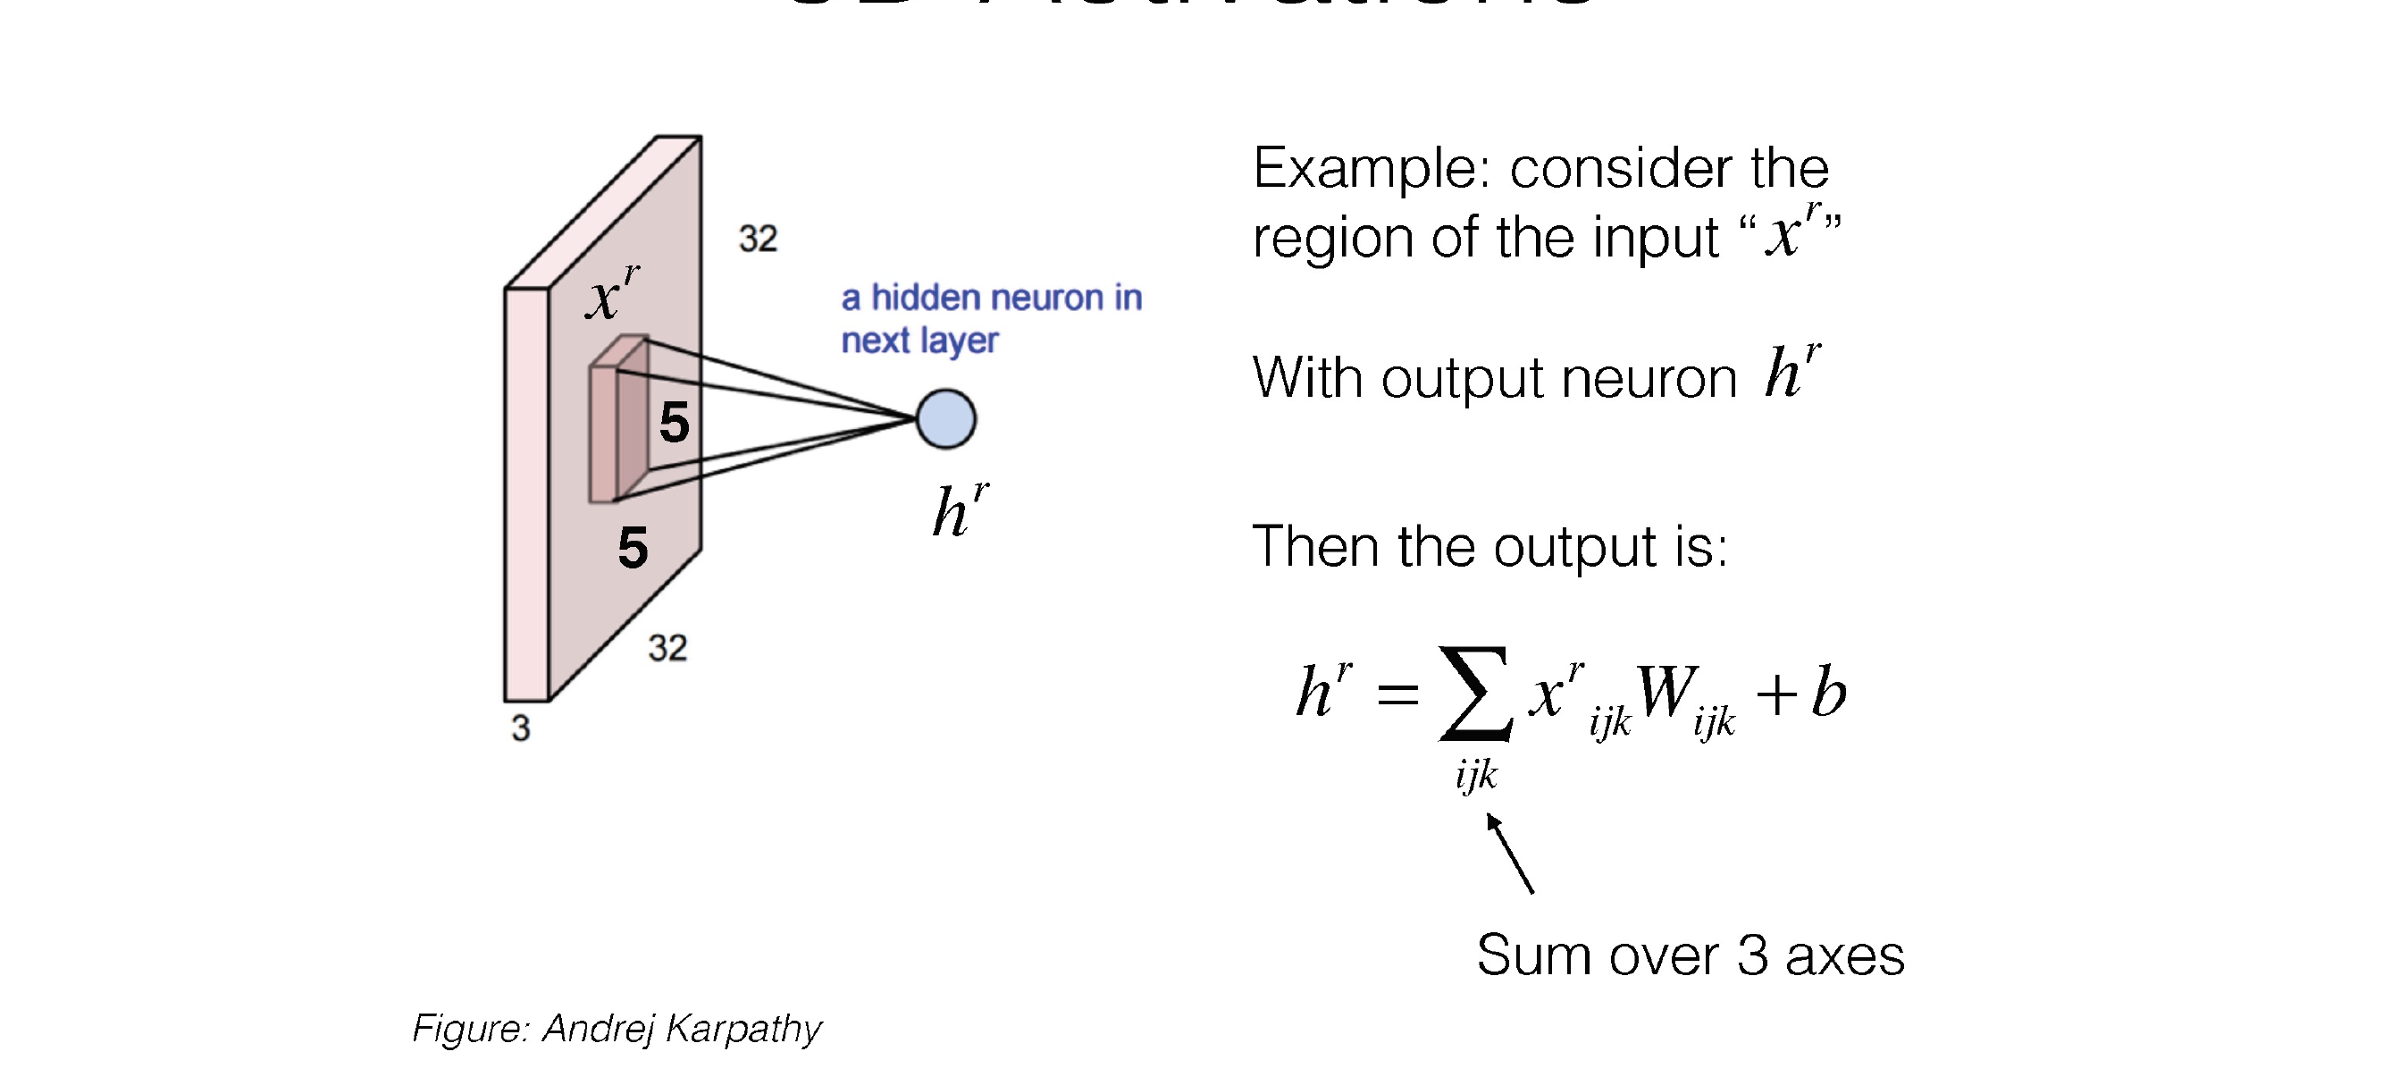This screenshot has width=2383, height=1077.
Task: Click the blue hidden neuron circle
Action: [945, 419]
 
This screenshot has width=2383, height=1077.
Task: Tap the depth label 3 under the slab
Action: [521, 728]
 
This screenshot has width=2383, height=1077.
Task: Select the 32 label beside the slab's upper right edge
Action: [758, 239]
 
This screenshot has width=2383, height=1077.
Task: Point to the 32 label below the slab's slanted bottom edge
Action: [667, 648]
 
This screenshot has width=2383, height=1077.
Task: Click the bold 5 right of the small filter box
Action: [675, 423]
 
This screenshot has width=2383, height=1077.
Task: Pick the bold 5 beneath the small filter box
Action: [633, 548]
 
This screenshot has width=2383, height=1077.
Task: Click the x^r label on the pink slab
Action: [610, 293]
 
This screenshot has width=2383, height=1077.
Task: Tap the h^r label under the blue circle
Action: [960, 509]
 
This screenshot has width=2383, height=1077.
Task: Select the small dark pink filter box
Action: [618, 421]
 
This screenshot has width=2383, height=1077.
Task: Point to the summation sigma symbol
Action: [1474, 693]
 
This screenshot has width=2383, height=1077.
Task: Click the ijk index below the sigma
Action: [1475, 773]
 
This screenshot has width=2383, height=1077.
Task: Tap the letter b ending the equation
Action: [1828, 692]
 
